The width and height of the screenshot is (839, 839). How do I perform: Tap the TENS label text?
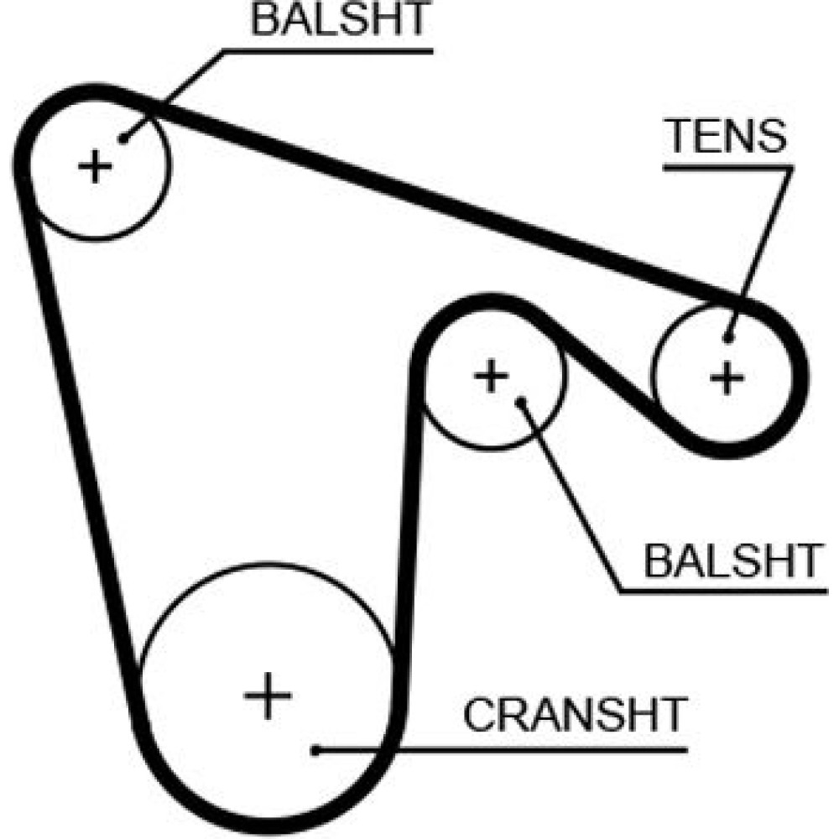727,137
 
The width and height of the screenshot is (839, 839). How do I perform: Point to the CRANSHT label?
576,715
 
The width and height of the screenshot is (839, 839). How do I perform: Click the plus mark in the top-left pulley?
95,166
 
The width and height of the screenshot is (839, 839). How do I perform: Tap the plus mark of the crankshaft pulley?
268,695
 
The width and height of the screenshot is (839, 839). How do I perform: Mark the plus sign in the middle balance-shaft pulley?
491,375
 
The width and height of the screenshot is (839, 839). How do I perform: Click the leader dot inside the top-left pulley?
122,139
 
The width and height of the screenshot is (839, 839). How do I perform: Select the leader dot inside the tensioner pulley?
728,339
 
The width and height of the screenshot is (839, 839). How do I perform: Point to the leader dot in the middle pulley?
520,401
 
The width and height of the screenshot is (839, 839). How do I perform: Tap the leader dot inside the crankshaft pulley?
315,749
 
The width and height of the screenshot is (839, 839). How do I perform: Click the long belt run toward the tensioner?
436,201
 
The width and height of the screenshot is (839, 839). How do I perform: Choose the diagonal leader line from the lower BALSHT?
571,495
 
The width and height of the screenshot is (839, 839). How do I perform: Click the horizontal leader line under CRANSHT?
503,749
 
